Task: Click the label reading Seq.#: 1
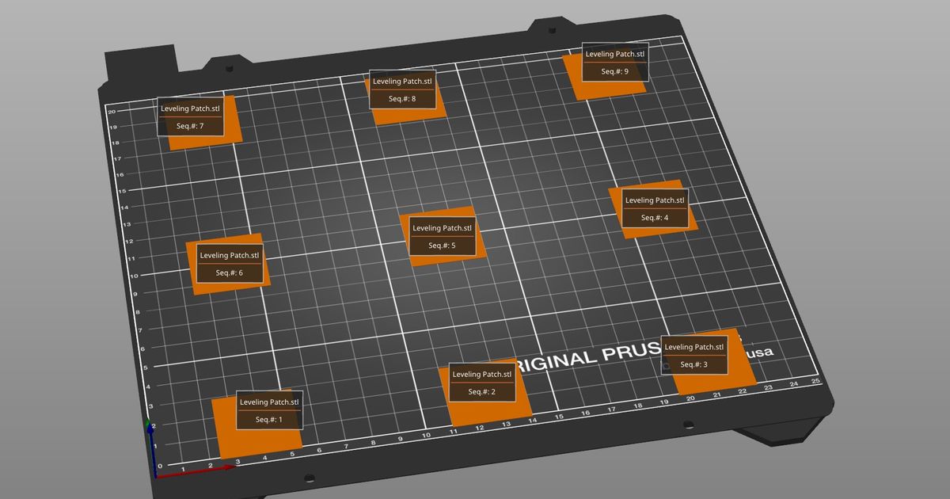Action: point(269,411)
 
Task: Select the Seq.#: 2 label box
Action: point(481,383)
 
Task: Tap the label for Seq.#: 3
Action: point(693,356)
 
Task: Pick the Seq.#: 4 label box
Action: point(654,209)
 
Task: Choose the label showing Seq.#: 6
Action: point(230,264)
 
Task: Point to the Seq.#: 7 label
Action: point(190,116)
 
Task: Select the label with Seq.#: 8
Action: point(402,90)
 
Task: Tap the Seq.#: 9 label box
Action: point(615,62)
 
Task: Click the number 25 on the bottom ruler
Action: point(816,381)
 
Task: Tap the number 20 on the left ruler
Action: point(112,112)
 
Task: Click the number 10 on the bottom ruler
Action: point(426,435)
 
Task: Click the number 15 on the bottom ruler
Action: point(559,417)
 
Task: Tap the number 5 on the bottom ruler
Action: point(292,453)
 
